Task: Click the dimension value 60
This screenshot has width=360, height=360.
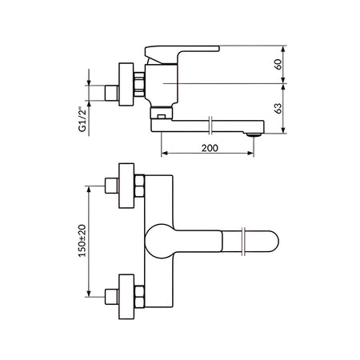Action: (278, 65)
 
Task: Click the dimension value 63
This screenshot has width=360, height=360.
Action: (278, 108)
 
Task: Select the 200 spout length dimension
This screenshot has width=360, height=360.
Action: (210, 148)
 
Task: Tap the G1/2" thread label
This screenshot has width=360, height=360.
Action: (82, 119)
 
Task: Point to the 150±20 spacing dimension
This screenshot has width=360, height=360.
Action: (82, 241)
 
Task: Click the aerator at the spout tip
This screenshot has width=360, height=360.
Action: (254, 135)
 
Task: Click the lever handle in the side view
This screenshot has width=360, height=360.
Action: (182, 54)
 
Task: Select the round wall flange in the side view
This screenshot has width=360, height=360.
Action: (126, 84)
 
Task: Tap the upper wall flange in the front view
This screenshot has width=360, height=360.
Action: (126, 186)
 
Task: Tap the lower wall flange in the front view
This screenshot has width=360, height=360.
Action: (126, 297)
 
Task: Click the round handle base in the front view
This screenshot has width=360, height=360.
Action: (159, 241)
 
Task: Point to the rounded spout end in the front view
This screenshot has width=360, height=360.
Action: (270, 241)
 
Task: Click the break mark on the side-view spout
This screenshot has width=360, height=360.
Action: (210, 125)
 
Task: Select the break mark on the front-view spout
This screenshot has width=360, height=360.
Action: (243, 242)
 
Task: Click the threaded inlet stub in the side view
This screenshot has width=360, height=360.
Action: (111, 93)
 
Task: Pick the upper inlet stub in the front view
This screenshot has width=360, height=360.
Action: (111, 186)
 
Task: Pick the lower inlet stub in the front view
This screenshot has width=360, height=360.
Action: (111, 297)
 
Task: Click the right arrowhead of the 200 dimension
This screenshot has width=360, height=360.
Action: (250, 153)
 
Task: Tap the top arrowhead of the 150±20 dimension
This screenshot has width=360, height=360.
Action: (89, 189)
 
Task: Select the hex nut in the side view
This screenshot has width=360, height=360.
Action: (139, 84)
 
